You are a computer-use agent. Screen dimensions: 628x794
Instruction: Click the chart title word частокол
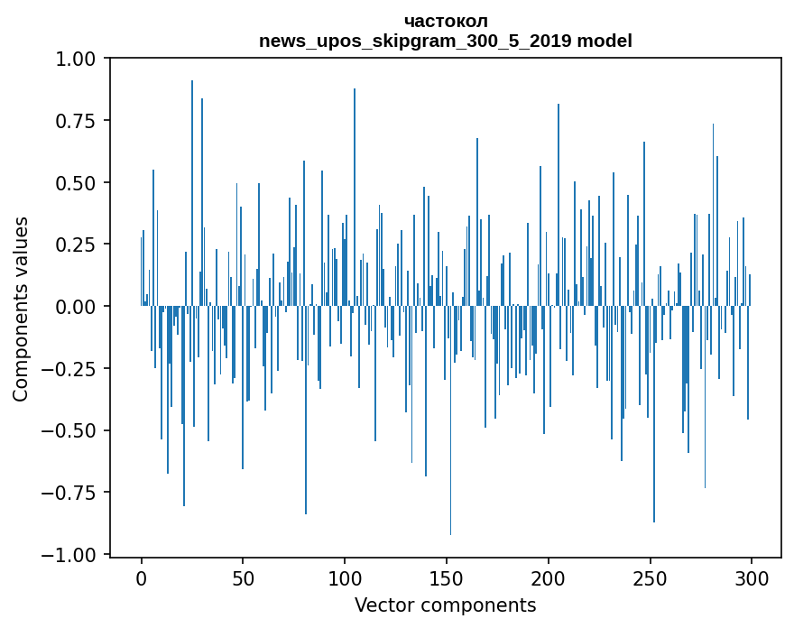click(x=446, y=21)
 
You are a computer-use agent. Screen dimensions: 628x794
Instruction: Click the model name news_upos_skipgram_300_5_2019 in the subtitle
click(x=414, y=41)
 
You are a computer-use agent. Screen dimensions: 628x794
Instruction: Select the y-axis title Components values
click(x=21, y=309)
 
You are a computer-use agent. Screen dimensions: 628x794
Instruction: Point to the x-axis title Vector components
click(x=445, y=605)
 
